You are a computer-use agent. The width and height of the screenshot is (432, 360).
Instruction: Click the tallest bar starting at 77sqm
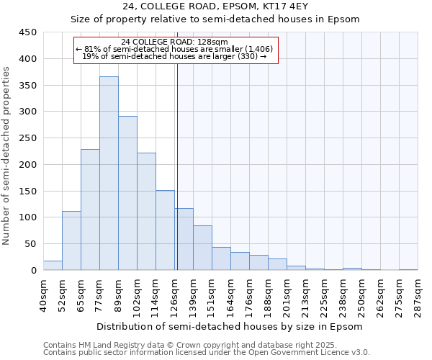109,173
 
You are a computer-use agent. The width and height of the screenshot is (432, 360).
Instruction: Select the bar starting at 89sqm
127,193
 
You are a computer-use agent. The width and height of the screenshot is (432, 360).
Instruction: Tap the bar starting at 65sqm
90,210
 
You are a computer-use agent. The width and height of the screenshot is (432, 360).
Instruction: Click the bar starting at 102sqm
146,211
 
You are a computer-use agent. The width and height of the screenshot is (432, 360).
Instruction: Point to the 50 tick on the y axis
31,244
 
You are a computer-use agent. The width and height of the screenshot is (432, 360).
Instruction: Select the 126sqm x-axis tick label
174,296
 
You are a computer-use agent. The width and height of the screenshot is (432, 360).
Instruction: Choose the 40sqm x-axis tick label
43,296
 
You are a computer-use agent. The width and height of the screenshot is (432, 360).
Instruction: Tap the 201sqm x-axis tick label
287,296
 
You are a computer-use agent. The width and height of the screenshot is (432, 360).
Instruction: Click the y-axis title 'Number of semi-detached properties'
7,156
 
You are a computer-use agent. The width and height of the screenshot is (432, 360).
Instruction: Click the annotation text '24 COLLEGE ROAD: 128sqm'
175,42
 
